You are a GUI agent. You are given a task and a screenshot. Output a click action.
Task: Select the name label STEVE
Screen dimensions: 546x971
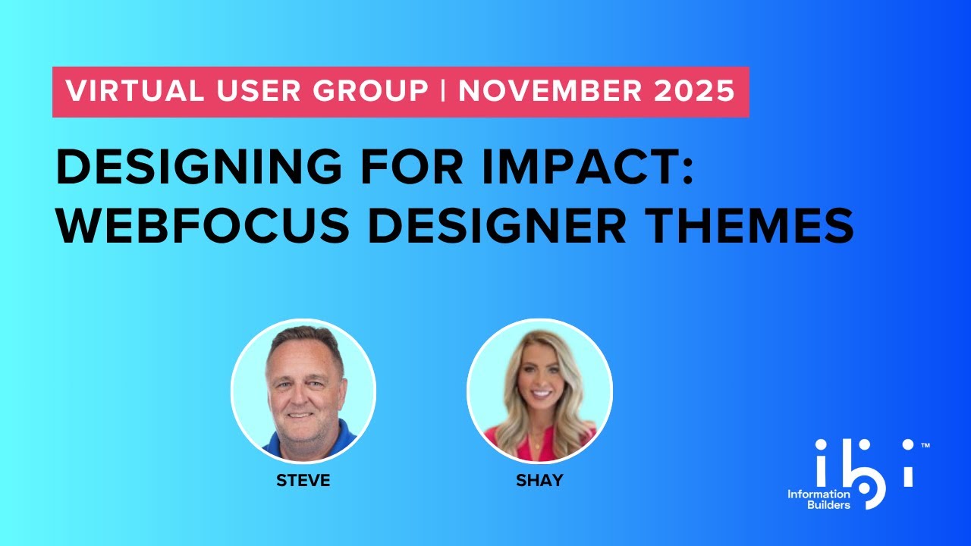(x=303, y=481)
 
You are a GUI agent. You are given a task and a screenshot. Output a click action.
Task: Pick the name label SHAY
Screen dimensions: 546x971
(x=539, y=481)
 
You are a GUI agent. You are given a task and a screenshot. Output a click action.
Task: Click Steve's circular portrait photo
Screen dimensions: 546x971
(x=303, y=390)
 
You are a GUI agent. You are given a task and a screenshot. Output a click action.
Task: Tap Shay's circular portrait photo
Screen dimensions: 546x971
(x=539, y=390)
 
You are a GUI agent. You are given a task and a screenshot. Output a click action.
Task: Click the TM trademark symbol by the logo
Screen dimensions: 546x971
(x=925, y=447)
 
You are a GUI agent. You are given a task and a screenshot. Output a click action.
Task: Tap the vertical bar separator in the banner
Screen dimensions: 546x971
(x=443, y=92)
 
